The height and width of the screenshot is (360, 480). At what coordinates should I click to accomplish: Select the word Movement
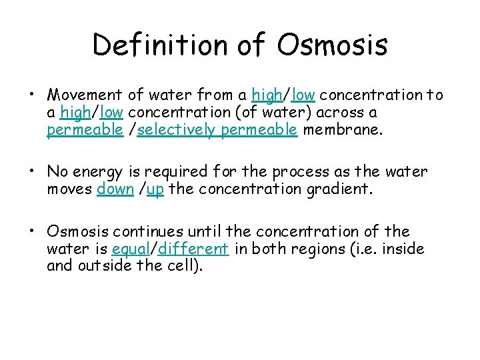coord(85,95)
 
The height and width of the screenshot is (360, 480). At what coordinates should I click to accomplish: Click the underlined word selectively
coord(177,130)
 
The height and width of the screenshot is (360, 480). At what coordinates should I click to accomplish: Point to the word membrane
coord(343,130)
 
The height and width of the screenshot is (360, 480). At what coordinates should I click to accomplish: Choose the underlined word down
coord(115,189)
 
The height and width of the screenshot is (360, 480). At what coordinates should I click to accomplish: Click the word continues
coord(146,231)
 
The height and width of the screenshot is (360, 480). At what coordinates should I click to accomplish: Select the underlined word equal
coord(130,249)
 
